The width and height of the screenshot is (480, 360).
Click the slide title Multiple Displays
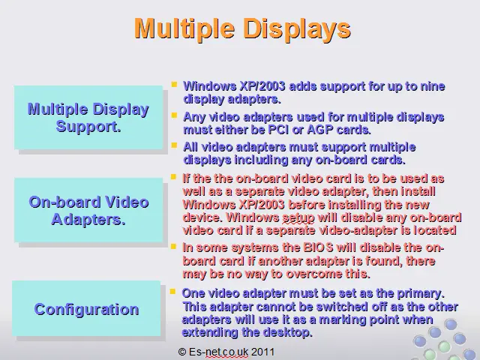click(242, 29)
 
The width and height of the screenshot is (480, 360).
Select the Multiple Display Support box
click(88, 118)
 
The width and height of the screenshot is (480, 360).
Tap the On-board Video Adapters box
click(88, 210)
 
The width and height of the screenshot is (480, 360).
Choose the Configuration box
click(86, 308)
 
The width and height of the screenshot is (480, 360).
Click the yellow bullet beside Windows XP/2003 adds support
click(175, 84)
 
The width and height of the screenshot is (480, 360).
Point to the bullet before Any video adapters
click(175, 115)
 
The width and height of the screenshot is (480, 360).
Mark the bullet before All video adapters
click(175, 145)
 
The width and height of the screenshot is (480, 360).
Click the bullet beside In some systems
click(173, 246)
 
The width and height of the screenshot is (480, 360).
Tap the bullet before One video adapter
click(172, 291)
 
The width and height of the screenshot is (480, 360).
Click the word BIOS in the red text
click(318, 247)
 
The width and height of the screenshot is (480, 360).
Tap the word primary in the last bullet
click(421, 293)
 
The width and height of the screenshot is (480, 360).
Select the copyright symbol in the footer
click(181, 352)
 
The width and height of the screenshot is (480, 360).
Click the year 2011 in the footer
click(263, 352)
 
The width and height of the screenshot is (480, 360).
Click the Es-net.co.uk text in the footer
click(218, 352)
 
